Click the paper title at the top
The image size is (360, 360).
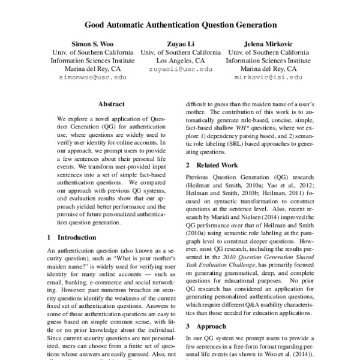pyautogui.click(x=180, y=26)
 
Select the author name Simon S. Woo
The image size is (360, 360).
pyautogui.click(x=88, y=44)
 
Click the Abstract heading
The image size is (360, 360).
pyautogui.click(x=111, y=104)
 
